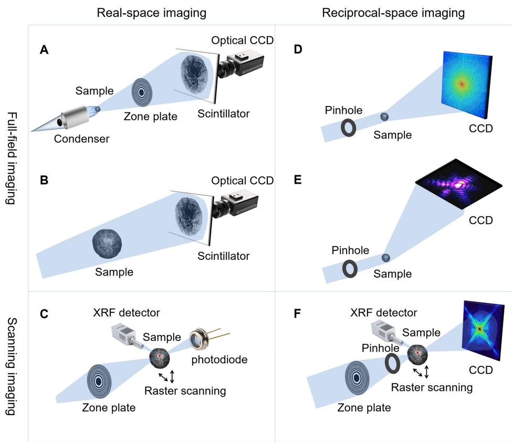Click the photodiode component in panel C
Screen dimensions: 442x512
point(202,340)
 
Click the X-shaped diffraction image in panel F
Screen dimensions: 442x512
point(479,329)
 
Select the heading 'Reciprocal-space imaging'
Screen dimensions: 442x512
point(393,14)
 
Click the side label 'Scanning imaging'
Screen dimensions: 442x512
point(15,366)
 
